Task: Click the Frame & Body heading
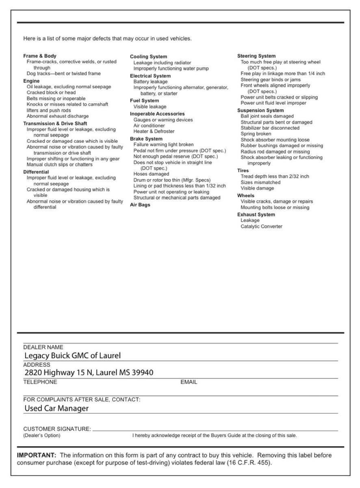tap(40, 56)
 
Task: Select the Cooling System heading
tap(148, 57)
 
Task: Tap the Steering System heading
tap(256, 56)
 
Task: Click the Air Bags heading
tap(140, 205)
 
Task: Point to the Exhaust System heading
tap(256, 214)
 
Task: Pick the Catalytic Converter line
tap(261, 227)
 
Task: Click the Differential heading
tap(36, 172)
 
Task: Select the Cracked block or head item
tap(51, 93)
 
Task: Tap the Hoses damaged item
tap(151, 174)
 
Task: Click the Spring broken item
tap(256, 134)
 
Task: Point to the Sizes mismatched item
tap(260, 183)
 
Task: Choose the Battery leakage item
tap(150, 82)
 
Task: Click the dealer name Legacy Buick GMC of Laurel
tap(73, 356)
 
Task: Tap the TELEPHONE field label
tap(40, 382)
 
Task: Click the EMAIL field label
tap(189, 382)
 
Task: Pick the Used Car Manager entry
tap(56, 408)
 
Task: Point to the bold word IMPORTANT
tap(36, 455)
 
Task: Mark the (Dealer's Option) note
tap(42, 436)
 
